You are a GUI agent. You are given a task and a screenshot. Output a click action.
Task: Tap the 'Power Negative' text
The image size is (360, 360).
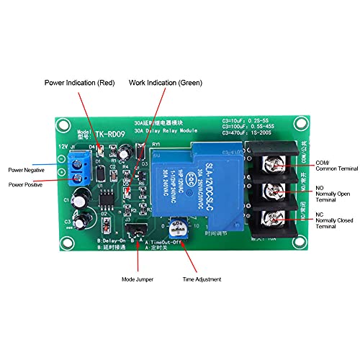click(x=24, y=170)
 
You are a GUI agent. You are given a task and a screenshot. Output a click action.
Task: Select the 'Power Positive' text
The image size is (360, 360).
click(x=23, y=184)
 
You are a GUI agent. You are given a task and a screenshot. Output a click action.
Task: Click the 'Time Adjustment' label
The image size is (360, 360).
click(x=202, y=278)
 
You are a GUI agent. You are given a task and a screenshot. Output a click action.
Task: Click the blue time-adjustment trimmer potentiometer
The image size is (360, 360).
click(x=174, y=232)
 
